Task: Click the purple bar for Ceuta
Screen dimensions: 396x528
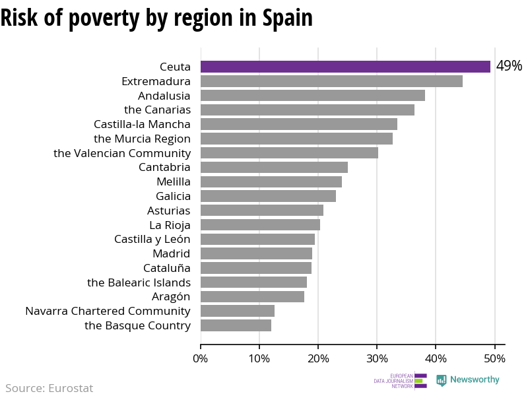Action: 345,67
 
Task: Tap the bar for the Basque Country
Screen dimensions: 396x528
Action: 236,325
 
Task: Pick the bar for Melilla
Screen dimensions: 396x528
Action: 271,181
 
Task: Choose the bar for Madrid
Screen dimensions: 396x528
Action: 256,253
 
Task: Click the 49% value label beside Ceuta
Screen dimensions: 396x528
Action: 509,67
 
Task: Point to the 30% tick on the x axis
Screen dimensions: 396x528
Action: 377,358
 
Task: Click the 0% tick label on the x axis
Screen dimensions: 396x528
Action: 201,358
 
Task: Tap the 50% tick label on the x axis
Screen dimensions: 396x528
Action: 494,358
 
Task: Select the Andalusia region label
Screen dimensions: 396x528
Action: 164,96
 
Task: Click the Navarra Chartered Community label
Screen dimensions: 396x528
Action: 108,311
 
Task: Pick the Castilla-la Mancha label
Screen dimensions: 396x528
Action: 142,124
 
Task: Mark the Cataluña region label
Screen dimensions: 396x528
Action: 167,268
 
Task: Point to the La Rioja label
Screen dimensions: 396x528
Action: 170,225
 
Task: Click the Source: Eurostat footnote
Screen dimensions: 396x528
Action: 49,388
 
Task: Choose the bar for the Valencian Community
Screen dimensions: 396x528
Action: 289,153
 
